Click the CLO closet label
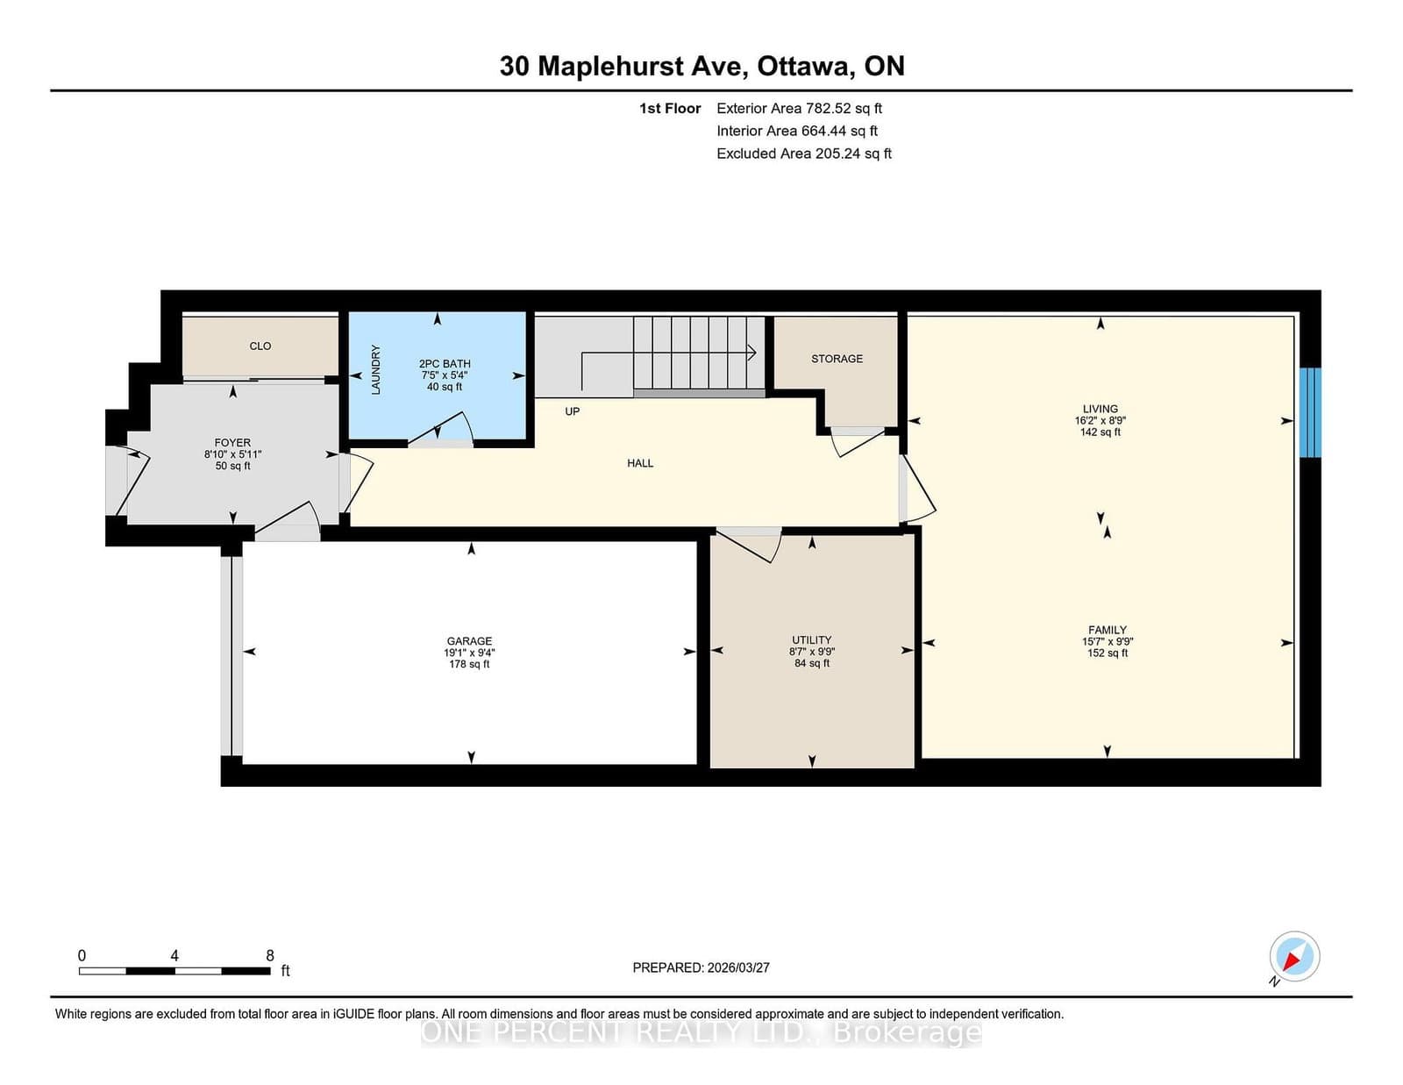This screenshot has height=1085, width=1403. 260,346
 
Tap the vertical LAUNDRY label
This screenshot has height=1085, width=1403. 376,369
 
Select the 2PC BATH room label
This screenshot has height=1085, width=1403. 445,364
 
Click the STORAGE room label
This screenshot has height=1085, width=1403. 837,359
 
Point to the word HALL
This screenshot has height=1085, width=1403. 640,463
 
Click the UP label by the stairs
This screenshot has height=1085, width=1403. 572,411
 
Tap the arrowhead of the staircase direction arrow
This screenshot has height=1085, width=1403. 751,353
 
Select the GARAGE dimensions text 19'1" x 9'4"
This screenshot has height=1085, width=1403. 469,653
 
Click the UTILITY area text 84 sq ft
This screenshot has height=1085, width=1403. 812,663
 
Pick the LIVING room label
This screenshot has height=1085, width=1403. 1100,409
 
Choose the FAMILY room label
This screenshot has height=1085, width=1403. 1107,630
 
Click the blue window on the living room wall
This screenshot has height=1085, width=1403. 1310,413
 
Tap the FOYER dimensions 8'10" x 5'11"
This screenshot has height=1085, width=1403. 232,454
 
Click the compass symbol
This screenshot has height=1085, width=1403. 1294,956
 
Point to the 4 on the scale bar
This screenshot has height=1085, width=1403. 174,955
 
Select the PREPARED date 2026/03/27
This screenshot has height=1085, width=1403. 738,967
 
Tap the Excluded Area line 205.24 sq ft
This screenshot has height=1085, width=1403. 804,153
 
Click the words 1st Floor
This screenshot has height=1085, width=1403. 670,109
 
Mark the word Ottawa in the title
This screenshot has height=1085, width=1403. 802,67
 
